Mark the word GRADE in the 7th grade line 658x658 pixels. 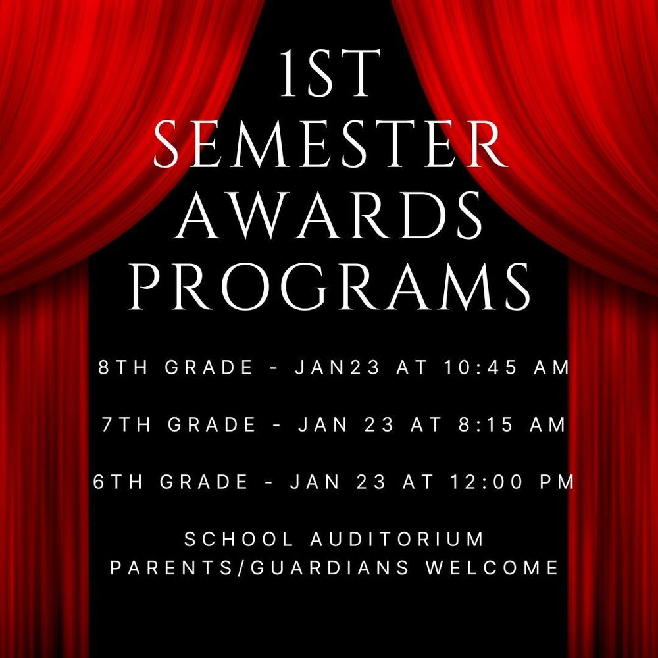point(211,425)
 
